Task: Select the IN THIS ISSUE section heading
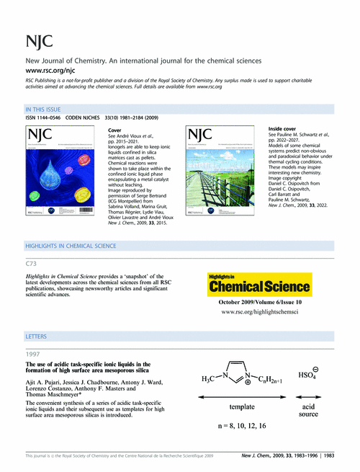(x=45, y=110)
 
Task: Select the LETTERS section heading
(x=36, y=337)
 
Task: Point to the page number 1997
(x=34, y=355)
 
